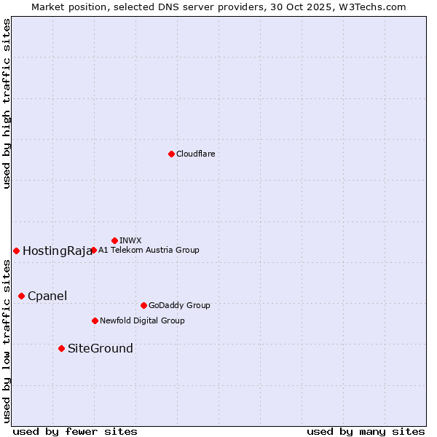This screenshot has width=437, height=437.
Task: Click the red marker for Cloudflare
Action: click(x=171, y=154)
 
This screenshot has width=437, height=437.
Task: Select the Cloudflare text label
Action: click(x=195, y=154)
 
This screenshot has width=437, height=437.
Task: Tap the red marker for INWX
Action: click(x=114, y=240)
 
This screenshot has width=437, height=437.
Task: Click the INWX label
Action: click(x=130, y=240)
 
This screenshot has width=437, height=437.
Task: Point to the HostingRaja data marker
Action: click(x=16, y=251)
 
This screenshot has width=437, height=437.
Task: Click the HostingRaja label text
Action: click(x=58, y=251)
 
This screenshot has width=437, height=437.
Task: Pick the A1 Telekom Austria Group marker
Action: click(x=93, y=250)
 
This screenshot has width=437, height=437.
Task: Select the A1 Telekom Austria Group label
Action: click(x=149, y=250)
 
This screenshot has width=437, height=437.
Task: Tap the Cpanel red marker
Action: click(x=21, y=296)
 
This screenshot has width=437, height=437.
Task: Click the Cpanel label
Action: click(x=47, y=296)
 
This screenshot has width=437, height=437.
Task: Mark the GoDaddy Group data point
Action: click(x=143, y=305)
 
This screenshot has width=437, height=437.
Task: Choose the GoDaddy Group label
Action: click(x=179, y=305)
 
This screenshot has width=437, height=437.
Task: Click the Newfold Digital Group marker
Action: click(x=95, y=320)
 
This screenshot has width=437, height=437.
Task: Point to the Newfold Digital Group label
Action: click(x=142, y=320)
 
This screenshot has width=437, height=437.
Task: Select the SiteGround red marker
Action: click(x=61, y=348)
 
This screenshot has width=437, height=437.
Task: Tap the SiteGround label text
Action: click(x=101, y=348)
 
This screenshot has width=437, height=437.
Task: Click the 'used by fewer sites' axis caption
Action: click(x=75, y=431)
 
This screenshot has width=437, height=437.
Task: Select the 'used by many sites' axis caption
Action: click(x=366, y=431)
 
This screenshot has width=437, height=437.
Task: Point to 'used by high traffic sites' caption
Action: click(x=7, y=103)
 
